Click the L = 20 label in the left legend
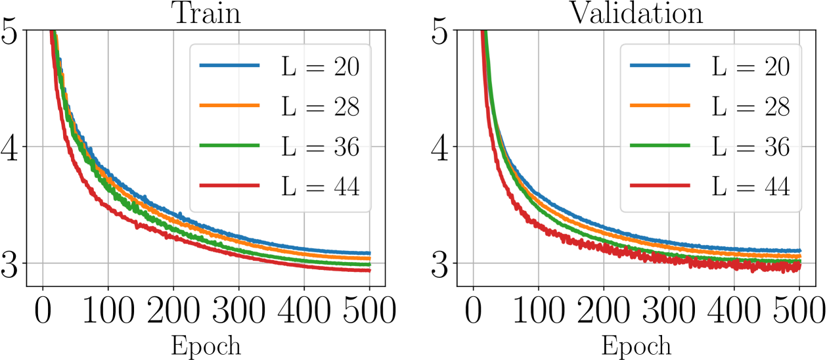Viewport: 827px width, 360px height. pos(320,66)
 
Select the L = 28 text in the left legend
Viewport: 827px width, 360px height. pos(320,106)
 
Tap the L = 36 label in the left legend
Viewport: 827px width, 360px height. pos(320,146)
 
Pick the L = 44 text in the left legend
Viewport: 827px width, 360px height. pos(320,187)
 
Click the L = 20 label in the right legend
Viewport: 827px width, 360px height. pos(750,66)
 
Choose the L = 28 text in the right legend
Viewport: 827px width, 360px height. pos(750,106)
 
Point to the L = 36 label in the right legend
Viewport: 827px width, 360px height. pos(750,146)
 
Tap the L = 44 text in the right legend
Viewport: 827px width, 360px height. pos(750,187)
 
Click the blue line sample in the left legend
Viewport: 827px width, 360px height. pos(229,65)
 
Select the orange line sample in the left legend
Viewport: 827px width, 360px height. pos(229,105)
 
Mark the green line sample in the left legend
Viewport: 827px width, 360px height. pos(229,145)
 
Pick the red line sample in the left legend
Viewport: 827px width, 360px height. pos(229,186)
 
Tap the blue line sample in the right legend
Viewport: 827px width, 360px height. pos(659,65)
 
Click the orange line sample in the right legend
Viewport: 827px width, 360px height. pos(659,105)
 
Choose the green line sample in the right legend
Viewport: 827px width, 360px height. pos(659,145)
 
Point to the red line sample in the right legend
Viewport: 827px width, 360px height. pos(659,186)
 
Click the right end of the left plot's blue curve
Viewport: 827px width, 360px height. pos(369,253)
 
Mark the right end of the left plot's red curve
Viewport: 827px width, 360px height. pos(369,270)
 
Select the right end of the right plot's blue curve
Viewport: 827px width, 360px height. pos(799,250)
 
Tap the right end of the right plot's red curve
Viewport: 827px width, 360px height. pos(799,266)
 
